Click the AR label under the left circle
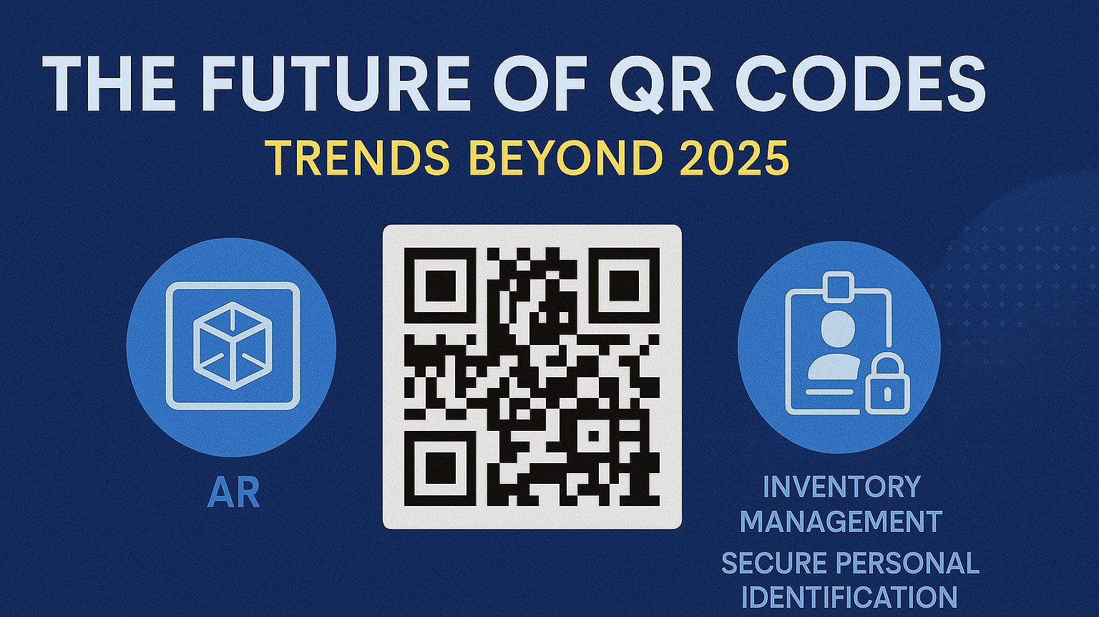(x=233, y=494)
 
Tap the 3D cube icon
(x=233, y=346)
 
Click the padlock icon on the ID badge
(x=887, y=387)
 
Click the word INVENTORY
(x=841, y=487)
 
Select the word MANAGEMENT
(x=841, y=522)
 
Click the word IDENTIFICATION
(x=849, y=598)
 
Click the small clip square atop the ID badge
(x=839, y=286)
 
